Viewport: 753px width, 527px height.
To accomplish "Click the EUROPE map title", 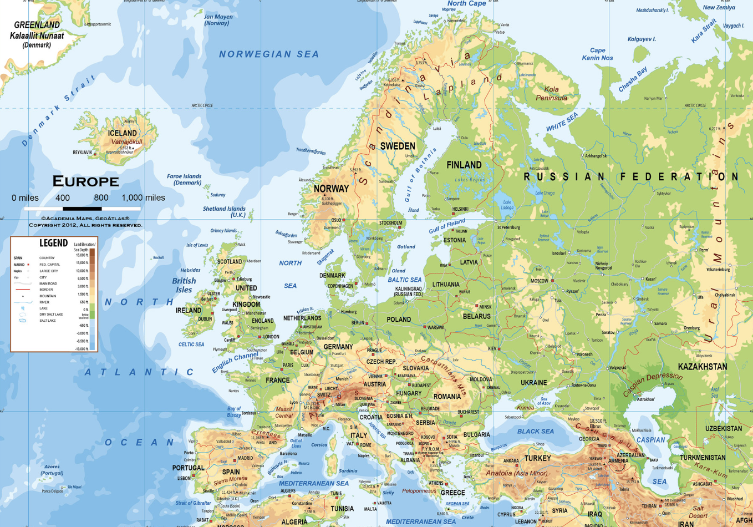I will [85, 181].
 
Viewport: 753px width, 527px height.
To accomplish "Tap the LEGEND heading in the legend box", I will [53, 243].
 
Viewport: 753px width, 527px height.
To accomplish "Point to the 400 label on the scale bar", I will [63, 198].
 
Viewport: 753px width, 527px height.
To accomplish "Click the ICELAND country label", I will [122, 133].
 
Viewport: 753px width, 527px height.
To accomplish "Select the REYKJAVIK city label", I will [82, 152].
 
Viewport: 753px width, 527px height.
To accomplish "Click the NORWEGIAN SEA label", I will [269, 54].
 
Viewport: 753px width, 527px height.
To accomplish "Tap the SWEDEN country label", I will [398, 146].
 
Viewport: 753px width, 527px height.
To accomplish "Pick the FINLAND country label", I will [464, 165].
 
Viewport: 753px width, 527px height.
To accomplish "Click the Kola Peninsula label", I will [552, 94].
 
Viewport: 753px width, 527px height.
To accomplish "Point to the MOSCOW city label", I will [539, 281].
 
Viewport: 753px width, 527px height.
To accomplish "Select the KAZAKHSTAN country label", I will [702, 367].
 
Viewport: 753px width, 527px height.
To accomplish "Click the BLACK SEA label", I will [535, 431].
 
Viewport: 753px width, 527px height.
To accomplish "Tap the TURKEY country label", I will [537, 458].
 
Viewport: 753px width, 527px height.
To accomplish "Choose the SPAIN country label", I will [231, 472].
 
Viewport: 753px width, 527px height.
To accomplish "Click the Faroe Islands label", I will [184, 179].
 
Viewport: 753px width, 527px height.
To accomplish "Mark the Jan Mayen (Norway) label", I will [218, 20].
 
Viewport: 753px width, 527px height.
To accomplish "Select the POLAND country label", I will [399, 320].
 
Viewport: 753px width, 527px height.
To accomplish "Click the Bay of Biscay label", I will [234, 412].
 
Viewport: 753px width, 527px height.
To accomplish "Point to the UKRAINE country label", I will [533, 383].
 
